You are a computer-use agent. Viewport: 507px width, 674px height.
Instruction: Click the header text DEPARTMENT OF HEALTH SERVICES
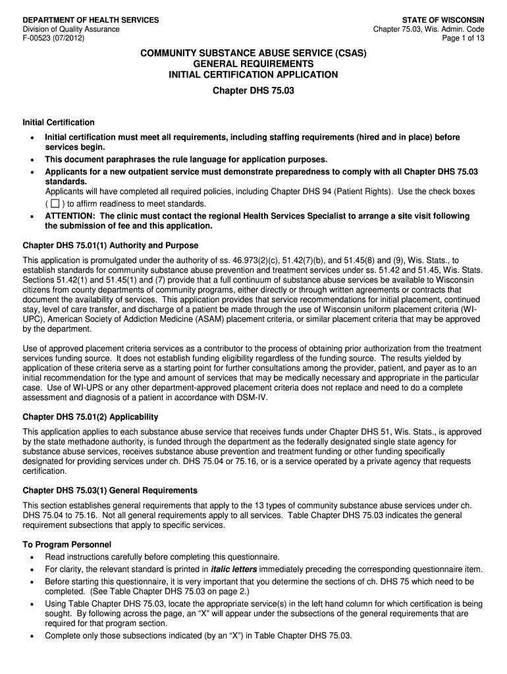tap(90, 20)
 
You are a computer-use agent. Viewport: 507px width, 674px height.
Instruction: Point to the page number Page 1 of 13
tap(463, 38)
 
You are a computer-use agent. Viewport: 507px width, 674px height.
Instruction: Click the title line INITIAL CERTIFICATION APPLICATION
tap(254, 75)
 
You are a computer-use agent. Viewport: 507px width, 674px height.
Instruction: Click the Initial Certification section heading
tap(59, 122)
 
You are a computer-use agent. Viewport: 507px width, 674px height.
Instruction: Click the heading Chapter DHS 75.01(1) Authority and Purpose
tap(111, 246)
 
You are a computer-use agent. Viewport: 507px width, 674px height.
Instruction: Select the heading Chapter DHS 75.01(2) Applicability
tap(90, 417)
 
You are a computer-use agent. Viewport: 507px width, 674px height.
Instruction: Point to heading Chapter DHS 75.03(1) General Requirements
tap(110, 490)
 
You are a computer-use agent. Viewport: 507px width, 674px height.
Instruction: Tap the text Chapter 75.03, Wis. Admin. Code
tap(428, 30)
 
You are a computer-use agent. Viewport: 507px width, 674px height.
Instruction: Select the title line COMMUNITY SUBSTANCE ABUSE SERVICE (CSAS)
tap(254, 52)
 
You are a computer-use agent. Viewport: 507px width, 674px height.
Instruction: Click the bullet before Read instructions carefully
tap(32, 557)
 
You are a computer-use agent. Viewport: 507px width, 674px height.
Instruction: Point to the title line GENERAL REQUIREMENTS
tap(254, 64)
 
